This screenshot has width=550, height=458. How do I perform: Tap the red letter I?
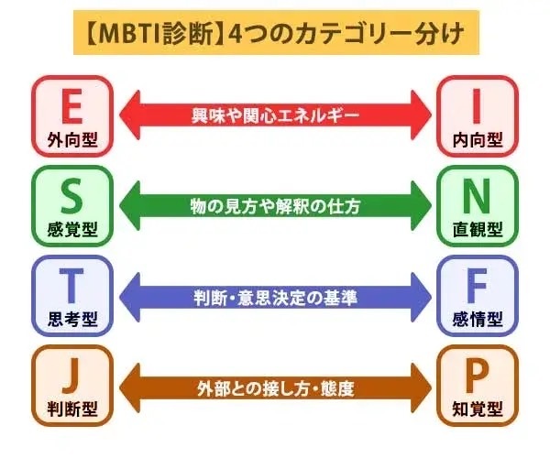[x=477, y=104]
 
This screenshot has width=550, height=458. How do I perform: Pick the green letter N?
[x=477, y=194]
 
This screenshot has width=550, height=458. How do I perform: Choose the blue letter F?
[x=477, y=285]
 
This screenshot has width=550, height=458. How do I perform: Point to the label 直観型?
[x=477, y=229]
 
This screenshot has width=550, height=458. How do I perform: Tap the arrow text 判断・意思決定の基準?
[x=274, y=295]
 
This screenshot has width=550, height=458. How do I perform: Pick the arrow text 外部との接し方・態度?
[x=274, y=386]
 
